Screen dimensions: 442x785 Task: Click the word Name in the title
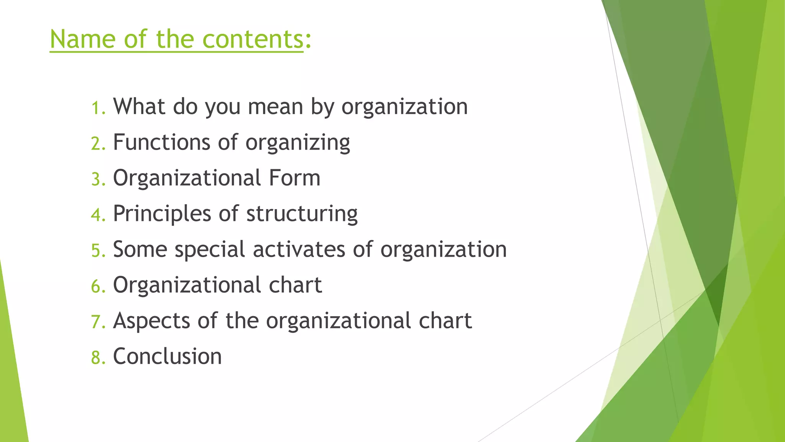82,39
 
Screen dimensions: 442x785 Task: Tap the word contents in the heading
253,39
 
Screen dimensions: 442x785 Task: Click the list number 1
98,108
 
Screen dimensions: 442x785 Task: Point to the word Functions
161,142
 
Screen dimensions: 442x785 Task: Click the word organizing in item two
298,143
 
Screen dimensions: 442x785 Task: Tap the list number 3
98,180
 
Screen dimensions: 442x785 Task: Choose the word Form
294,178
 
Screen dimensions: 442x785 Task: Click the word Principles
162,214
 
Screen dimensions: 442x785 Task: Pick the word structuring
302,214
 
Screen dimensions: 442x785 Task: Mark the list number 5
98,251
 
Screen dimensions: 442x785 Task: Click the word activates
299,249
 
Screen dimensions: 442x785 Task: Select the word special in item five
210,250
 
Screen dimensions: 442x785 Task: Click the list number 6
98,287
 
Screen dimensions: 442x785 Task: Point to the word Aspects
151,321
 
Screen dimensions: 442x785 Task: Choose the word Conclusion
168,356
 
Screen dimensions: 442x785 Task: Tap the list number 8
98,358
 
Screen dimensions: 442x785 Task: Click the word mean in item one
276,106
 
